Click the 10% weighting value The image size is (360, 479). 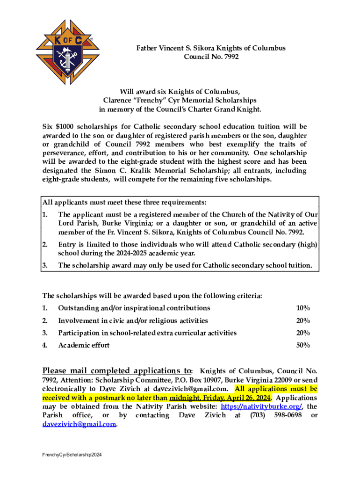point(302,308)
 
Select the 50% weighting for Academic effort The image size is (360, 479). point(302,345)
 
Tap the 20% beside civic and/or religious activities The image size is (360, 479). point(302,321)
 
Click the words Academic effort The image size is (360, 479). point(84,345)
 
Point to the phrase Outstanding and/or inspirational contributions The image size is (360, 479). point(134,308)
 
